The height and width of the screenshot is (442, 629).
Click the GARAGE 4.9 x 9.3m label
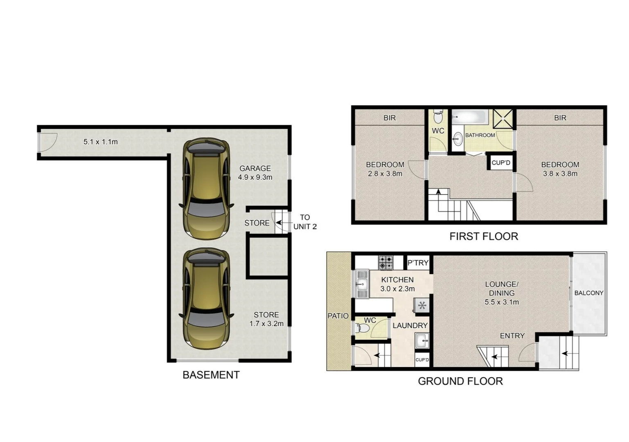(x=255, y=173)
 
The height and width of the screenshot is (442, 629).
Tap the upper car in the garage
(x=206, y=189)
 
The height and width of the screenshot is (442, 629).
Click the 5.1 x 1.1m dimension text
(x=100, y=142)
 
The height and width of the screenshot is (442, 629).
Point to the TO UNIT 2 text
(x=305, y=222)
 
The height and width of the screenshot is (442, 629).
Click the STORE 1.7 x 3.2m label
(x=266, y=319)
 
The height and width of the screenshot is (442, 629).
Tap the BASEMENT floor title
(x=211, y=375)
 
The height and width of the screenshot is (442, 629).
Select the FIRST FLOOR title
(x=483, y=236)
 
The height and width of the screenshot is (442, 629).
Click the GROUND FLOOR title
(x=460, y=381)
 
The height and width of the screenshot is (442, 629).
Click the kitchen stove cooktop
(x=385, y=262)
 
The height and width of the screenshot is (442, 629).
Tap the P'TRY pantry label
(x=418, y=263)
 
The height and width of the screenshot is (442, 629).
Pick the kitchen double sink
(x=362, y=284)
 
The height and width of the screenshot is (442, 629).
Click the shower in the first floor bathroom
(x=503, y=118)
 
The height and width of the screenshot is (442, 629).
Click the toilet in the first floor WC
(x=438, y=117)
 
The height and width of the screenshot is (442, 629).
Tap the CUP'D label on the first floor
(x=501, y=162)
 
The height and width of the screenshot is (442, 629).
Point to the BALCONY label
(x=588, y=293)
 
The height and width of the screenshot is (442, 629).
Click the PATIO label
(x=338, y=316)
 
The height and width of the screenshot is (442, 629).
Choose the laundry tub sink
(x=422, y=340)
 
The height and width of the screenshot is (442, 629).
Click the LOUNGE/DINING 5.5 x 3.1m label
(x=502, y=293)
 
